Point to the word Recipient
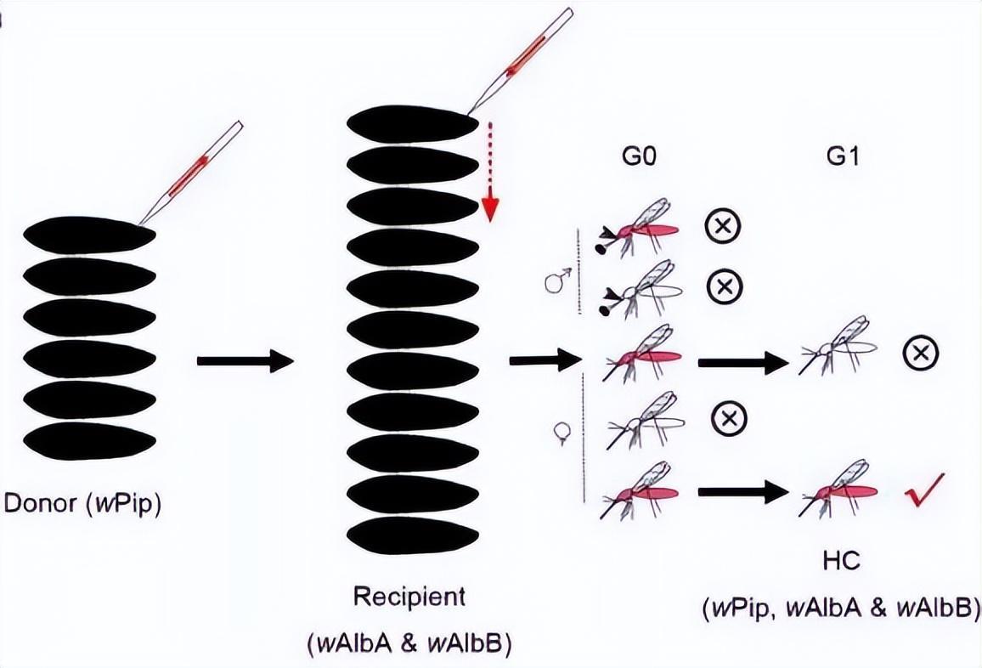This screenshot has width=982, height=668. tap(410, 596)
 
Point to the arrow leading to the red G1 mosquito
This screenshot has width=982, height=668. tap(738, 491)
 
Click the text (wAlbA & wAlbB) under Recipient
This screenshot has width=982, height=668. tap(410, 643)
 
